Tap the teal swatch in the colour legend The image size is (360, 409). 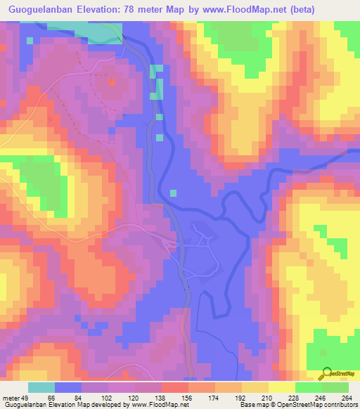click(x=41, y=387)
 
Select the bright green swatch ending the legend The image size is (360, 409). click(x=335, y=387)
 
